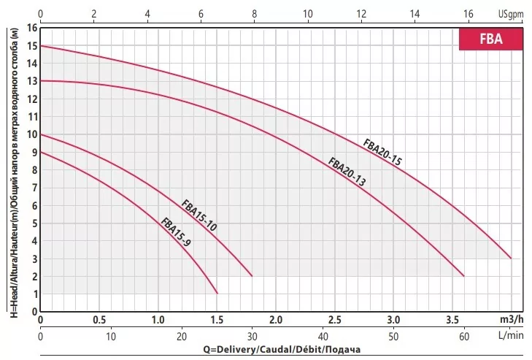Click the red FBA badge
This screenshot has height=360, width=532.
pos(490,39)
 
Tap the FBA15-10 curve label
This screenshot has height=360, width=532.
pos(199,215)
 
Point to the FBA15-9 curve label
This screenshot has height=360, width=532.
pos(175,233)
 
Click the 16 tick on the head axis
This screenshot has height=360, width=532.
pos(31,28)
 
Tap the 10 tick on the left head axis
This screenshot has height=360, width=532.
pos(31,134)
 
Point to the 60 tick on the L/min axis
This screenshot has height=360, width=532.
pos(464,337)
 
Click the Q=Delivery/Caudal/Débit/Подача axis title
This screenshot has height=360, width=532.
pos(282,350)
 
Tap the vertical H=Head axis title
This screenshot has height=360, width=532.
pos(13,169)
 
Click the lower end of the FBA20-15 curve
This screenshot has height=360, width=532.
pos(511,258)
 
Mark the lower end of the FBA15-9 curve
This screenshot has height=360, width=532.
pos(217,293)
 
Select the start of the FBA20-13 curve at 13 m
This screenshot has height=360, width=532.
pos(41,81)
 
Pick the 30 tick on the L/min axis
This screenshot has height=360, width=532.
pos(252,337)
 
